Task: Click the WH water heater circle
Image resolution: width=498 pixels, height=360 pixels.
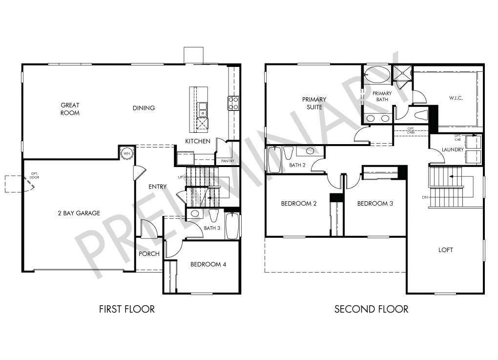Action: pos(127,153)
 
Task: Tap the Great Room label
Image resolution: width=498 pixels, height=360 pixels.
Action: pos(70,109)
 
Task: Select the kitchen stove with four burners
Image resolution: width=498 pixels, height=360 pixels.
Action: pos(233,103)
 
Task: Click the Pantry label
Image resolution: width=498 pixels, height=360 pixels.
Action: pos(228,161)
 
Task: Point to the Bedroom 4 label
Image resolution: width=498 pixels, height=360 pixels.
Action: pos(208,264)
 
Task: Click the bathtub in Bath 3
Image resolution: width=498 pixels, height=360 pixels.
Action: pos(232,226)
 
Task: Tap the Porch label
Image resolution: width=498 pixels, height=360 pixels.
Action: pos(149,254)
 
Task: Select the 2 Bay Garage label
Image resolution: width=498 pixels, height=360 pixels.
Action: pos(79,213)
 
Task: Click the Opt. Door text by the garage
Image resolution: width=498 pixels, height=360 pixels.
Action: pos(34,175)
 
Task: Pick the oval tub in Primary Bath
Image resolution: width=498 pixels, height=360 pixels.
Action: pos(377,75)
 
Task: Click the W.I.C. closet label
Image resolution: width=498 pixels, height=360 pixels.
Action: pos(456,98)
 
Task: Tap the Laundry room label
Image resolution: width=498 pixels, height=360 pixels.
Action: pos(453,149)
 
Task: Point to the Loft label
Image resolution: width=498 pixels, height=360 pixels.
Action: pos(446,250)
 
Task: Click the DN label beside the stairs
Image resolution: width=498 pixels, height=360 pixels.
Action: pos(425,197)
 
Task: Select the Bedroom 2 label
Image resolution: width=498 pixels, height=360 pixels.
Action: pos(298,204)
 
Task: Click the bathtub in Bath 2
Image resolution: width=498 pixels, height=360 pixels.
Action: pos(275,160)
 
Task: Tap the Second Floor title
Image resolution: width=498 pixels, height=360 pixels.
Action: pos(371,309)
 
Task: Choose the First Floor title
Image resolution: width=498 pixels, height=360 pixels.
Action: pos(127,309)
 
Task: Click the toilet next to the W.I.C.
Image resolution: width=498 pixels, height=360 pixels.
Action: pos(421,115)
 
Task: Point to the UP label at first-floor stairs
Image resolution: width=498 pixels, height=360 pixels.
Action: pos(180,177)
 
